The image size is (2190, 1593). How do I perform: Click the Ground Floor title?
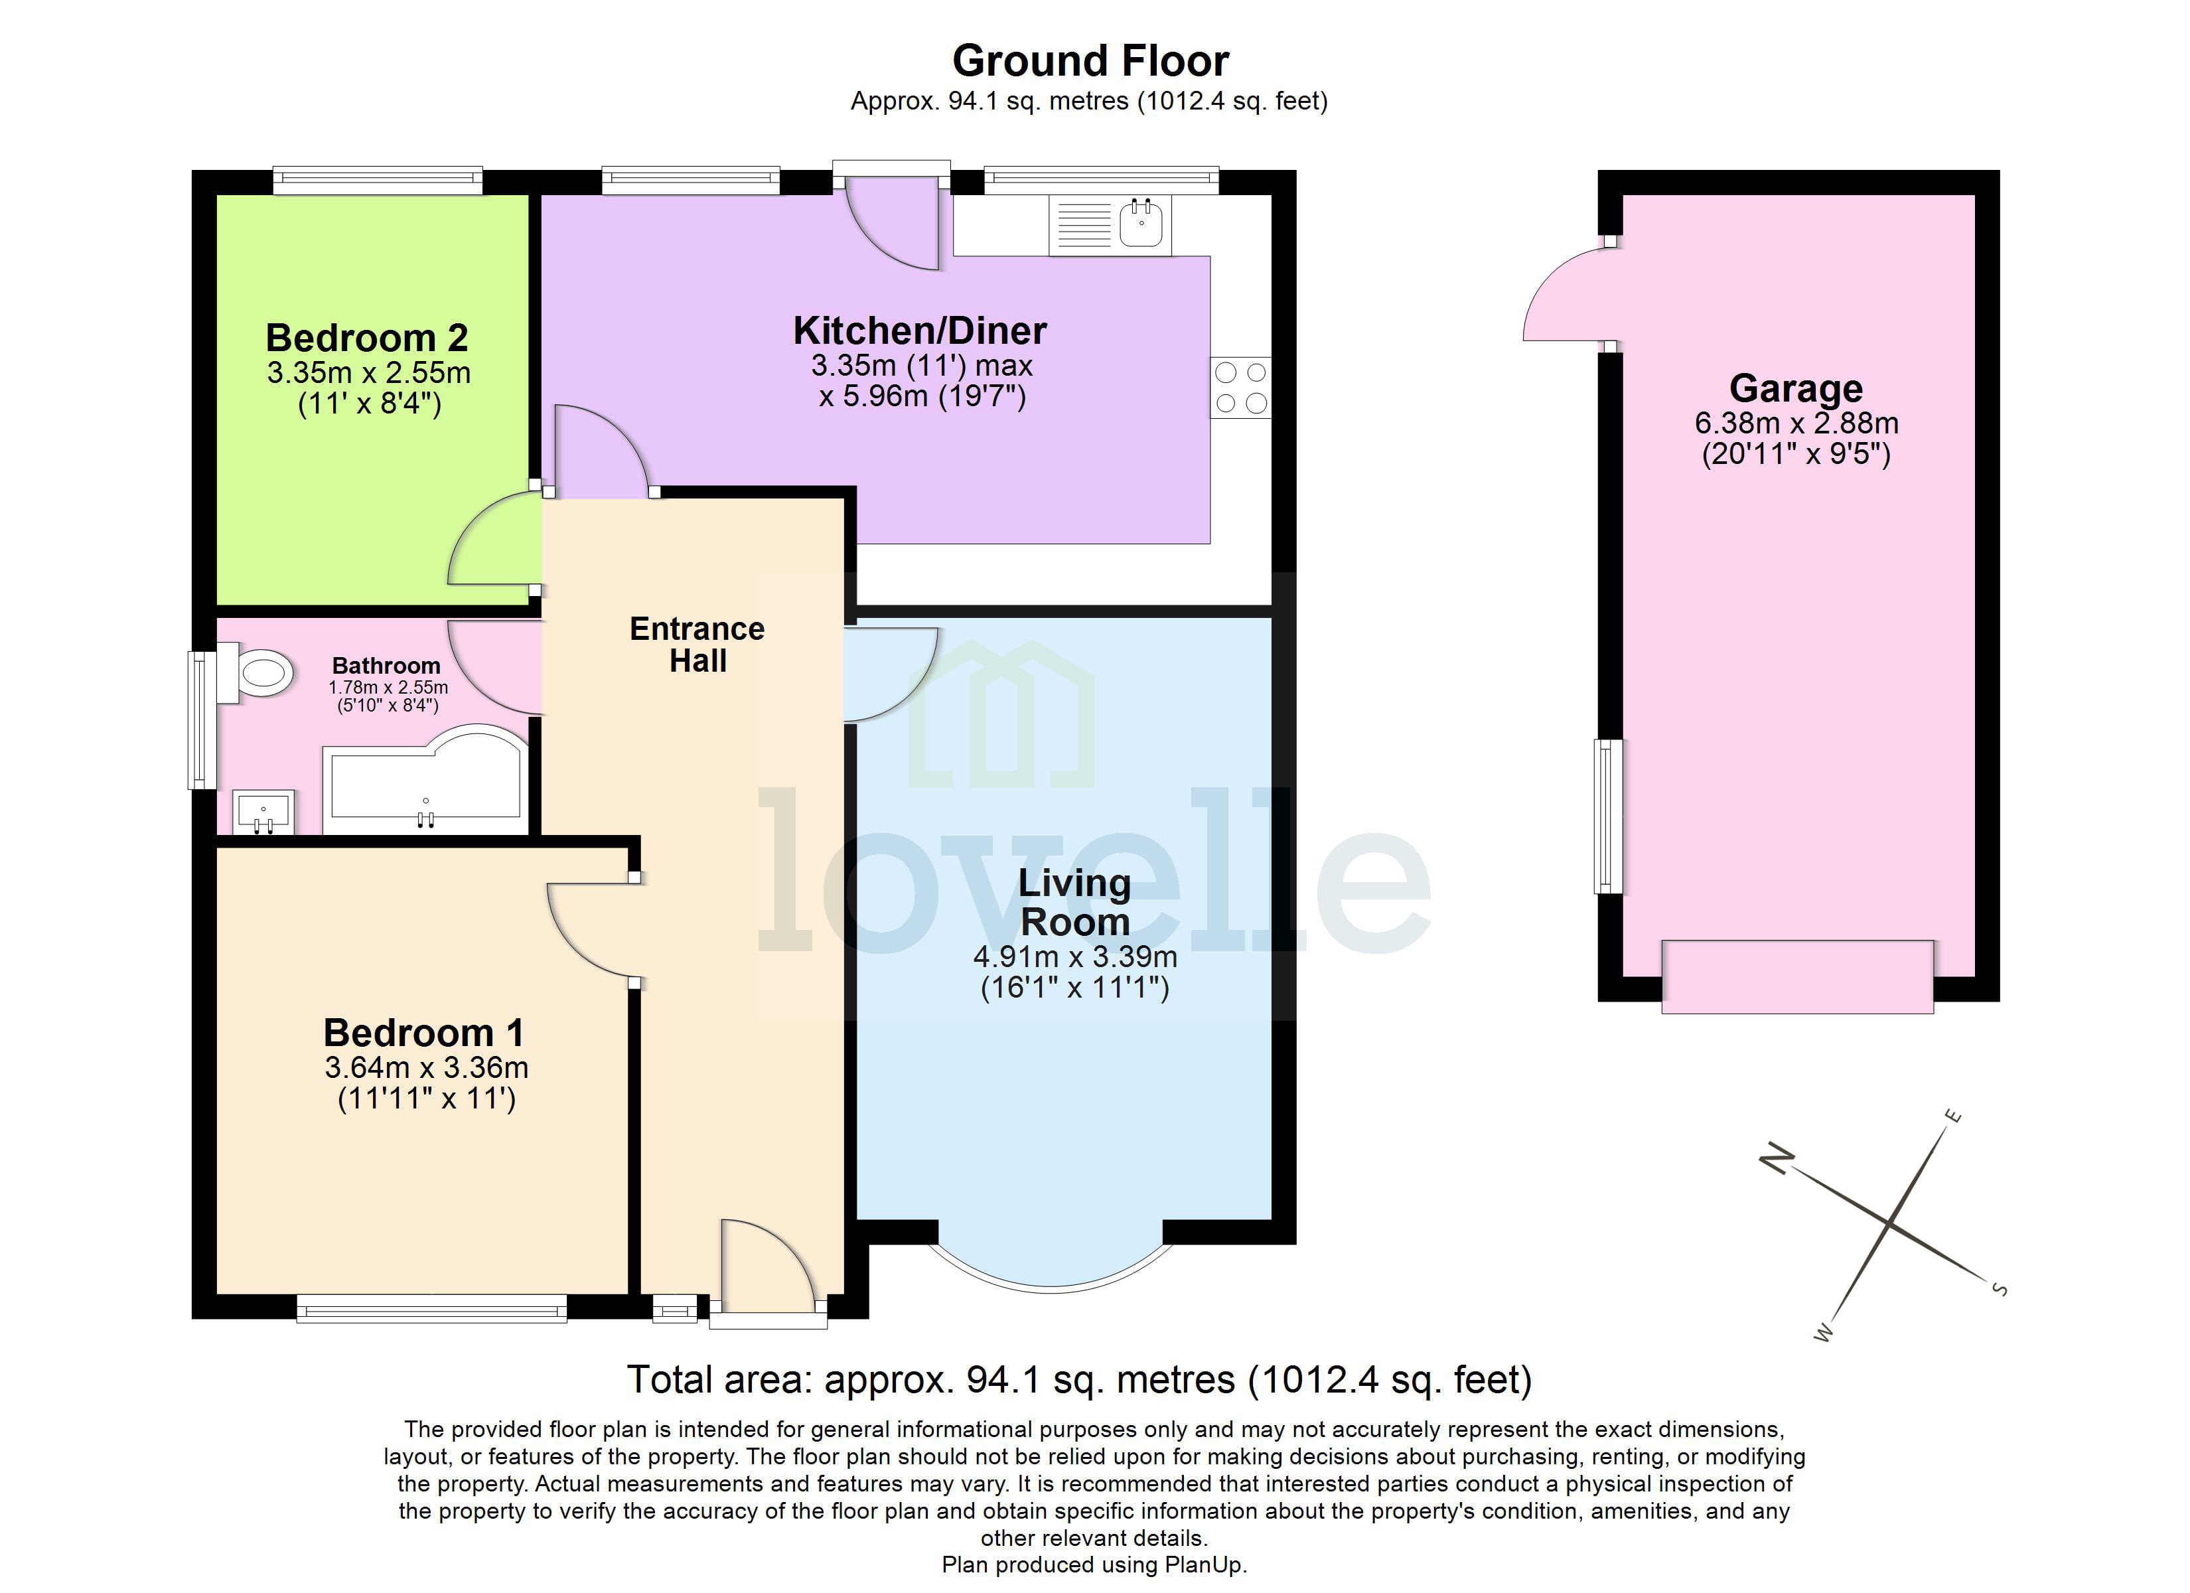click(1090, 61)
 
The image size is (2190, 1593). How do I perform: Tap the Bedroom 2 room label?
click(367, 338)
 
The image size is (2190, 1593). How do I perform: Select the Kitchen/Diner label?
click(919, 331)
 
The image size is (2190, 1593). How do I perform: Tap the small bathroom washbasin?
click(263, 810)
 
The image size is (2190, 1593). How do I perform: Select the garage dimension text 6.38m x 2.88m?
click(1796, 423)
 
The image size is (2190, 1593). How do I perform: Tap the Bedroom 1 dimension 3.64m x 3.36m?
click(426, 1067)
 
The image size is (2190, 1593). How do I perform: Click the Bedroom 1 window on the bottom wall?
click(431, 1310)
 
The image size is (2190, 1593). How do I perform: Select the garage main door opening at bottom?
click(1797, 976)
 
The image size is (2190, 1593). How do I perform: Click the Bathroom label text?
click(386, 666)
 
